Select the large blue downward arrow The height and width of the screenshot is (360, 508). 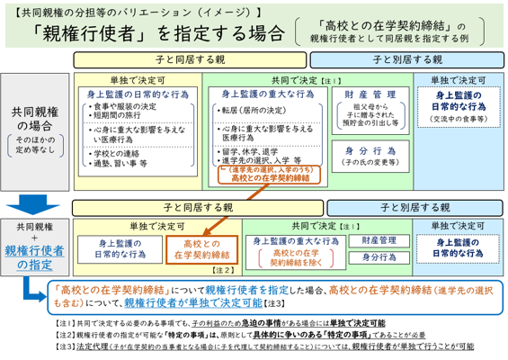tap(36, 180)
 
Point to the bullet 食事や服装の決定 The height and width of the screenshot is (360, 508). tap(127, 107)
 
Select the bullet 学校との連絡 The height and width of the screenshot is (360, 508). tap(119, 152)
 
